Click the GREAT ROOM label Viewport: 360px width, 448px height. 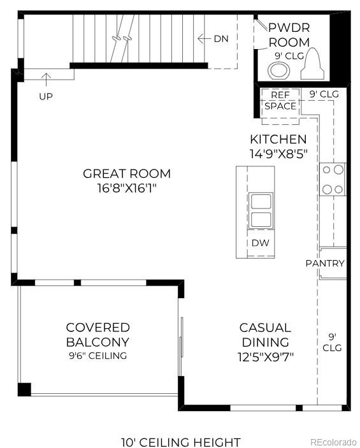(x=127, y=173)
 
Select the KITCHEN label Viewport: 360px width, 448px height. (x=278, y=139)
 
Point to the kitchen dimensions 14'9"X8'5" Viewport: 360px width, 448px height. (x=278, y=154)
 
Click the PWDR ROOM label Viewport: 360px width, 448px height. (x=289, y=35)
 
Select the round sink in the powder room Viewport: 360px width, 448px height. (x=278, y=69)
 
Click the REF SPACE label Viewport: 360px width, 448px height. (x=280, y=101)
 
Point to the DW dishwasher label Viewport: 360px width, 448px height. (x=259, y=243)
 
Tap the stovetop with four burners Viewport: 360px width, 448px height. (x=333, y=179)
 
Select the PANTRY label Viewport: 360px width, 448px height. (x=325, y=263)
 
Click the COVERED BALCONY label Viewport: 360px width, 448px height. (x=98, y=335)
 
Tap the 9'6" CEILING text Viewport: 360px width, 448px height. (x=98, y=356)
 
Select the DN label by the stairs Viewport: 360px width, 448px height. (x=220, y=38)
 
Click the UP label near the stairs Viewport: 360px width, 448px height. (x=46, y=96)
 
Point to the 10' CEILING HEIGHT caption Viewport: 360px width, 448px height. (x=181, y=442)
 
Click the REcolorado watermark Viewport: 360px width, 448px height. (x=333, y=442)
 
